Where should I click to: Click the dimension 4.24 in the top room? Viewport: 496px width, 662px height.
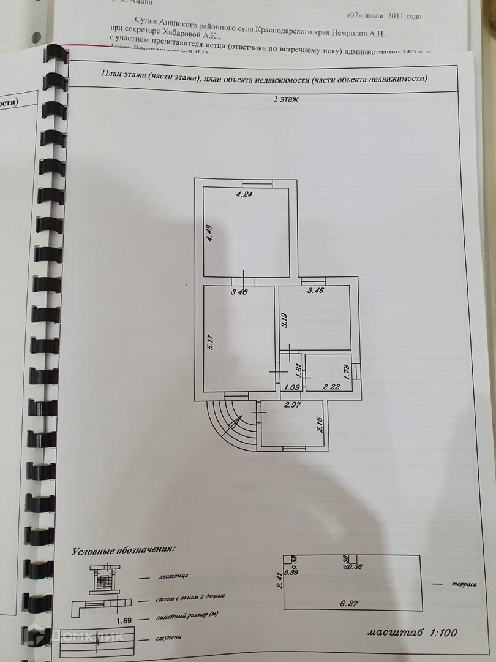coord(245,195)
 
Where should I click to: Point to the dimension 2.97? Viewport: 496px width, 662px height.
coord(293,405)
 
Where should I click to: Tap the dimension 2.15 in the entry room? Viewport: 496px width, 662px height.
coord(320,424)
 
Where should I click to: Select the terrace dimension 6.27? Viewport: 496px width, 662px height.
coord(349,603)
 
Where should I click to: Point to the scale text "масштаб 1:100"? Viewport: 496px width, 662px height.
coord(412,631)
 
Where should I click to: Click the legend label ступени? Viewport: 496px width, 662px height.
coord(169,637)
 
